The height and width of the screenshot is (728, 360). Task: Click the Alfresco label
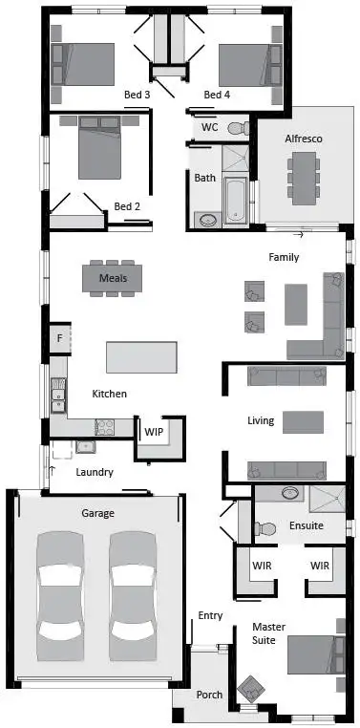pyautogui.click(x=304, y=139)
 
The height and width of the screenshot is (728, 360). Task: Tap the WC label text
pyautogui.click(x=209, y=127)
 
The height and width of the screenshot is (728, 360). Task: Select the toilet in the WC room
pyautogui.click(x=237, y=127)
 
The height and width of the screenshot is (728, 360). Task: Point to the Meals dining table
pyautogui.click(x=119, y=278)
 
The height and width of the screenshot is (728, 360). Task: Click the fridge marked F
pyautogui.click(x=59, y=338)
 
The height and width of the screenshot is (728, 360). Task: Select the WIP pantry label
pyautogui.click(x=153, y=432)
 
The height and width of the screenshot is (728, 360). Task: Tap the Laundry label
pyautogui.click(x=95, y=472)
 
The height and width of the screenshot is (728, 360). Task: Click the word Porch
pyautogui.click(x=209, y=696)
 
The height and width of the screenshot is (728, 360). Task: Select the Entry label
pyautogui.click(x=210, y=615)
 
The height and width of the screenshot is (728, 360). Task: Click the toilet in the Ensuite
pyautogui.click(x=265, y=526)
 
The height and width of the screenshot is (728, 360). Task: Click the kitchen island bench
pyautogui.click(x=141, y=357)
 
